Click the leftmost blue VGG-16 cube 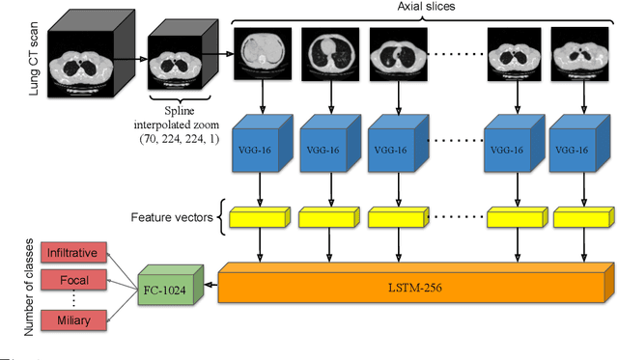click(x=262, y=151)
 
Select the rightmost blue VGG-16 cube click(x=576, y=151)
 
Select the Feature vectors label click(x=174, y=217)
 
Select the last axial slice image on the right click(x=576, y=54)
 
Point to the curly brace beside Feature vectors click(x=223, y=217)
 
